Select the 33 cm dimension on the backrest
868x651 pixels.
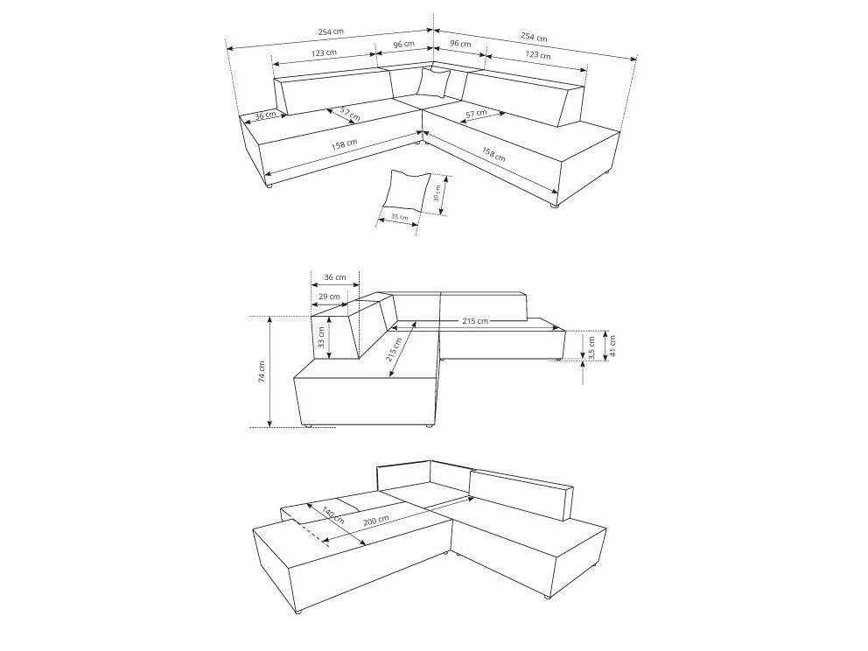[x=322, y=338]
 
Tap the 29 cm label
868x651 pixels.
[x=329, y=297]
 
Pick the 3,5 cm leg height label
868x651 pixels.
[x=592, y=346]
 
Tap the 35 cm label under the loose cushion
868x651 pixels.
[x=400, y=217]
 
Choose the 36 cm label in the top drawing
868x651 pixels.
[x=265, y=115]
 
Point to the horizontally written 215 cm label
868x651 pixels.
[x=476, y=321]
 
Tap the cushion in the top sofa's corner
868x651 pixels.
[x=432, y=83]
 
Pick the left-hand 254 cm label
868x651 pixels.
[x=331, y=32]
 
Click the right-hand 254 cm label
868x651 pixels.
[x=534, y=37]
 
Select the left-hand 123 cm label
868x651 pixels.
[x=324, y=53]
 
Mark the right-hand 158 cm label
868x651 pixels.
[x=493, y=153]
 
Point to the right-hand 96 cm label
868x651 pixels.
[x=460, y=44]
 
